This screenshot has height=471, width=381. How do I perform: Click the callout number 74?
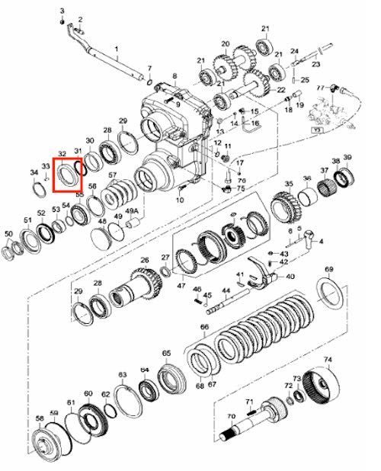(328, 360)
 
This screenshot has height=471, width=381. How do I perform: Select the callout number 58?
(39, 419)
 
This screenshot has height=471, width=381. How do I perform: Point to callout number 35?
(289, 185)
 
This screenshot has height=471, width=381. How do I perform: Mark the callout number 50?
(8, 233)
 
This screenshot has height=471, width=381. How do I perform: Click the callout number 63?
(122, 375)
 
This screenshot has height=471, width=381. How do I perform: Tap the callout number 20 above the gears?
(225, 44)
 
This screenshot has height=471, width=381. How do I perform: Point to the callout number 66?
(204, 328)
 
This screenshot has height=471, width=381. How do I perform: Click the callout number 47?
(181, 286)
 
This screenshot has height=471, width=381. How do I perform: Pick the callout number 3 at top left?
(62, 8)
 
